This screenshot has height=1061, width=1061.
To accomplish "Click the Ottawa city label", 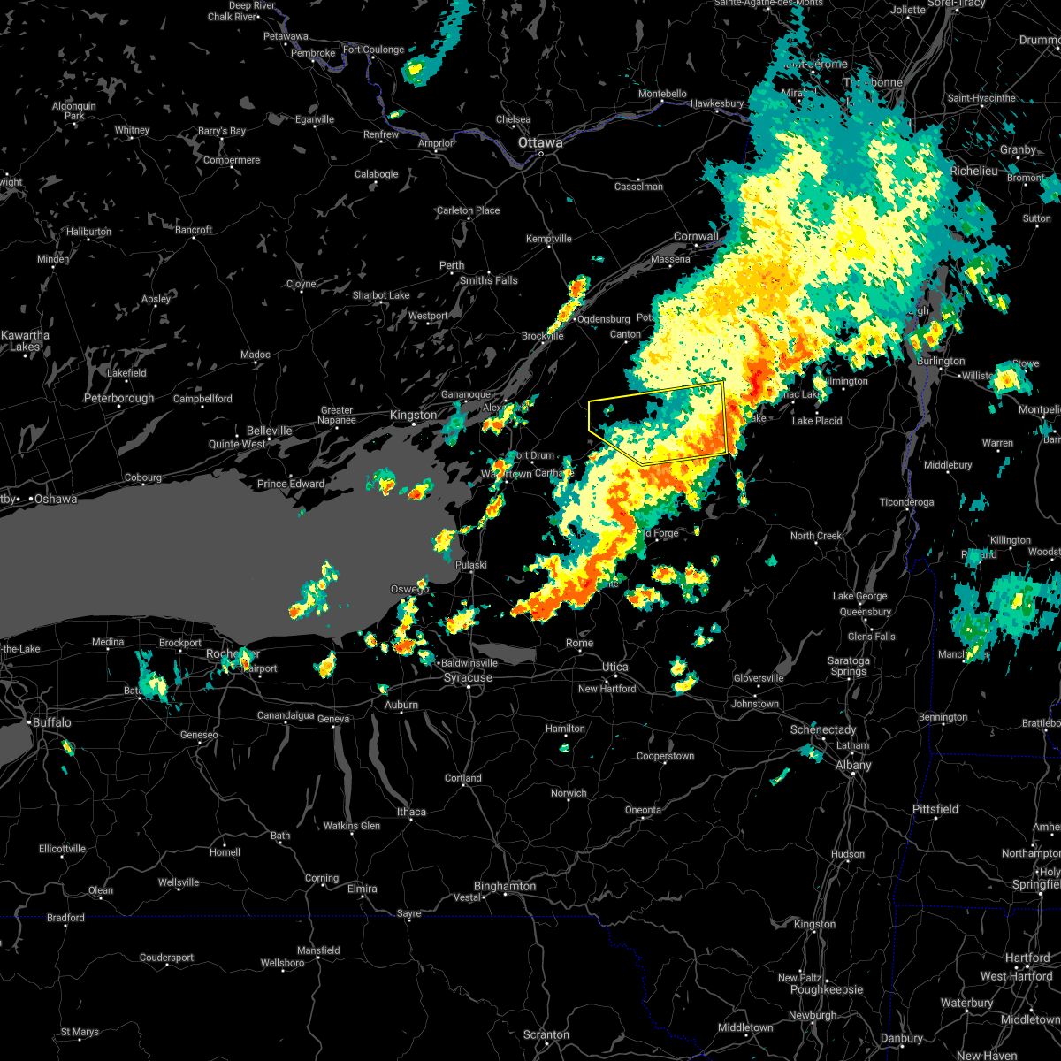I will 540,142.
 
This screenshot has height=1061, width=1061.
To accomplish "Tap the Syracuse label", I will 468,678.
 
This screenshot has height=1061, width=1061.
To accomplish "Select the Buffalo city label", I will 52,722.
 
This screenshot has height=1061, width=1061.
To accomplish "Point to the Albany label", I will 853,766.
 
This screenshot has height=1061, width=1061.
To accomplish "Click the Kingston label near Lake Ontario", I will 414,416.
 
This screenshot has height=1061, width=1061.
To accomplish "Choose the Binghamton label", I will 505,886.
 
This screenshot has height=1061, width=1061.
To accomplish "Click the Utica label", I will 615,668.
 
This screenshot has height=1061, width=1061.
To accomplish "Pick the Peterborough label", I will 119,399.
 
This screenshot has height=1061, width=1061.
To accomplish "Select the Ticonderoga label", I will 906,502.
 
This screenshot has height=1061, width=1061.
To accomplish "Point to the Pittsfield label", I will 935,809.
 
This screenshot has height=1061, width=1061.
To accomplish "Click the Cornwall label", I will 696,236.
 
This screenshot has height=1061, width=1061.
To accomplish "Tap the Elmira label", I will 363,889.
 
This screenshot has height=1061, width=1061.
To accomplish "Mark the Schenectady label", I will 823,729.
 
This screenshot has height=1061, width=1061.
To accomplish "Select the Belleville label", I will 269,431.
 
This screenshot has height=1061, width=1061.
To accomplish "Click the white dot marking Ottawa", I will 541,155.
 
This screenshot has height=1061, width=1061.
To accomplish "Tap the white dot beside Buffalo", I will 30,723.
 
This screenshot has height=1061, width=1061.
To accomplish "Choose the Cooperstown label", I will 665,757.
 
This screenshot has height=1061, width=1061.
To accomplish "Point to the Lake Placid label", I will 817,421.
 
